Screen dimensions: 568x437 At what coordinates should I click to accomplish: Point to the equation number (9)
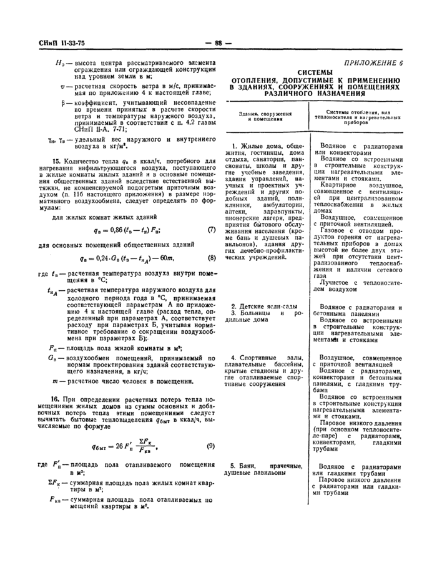210,446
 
